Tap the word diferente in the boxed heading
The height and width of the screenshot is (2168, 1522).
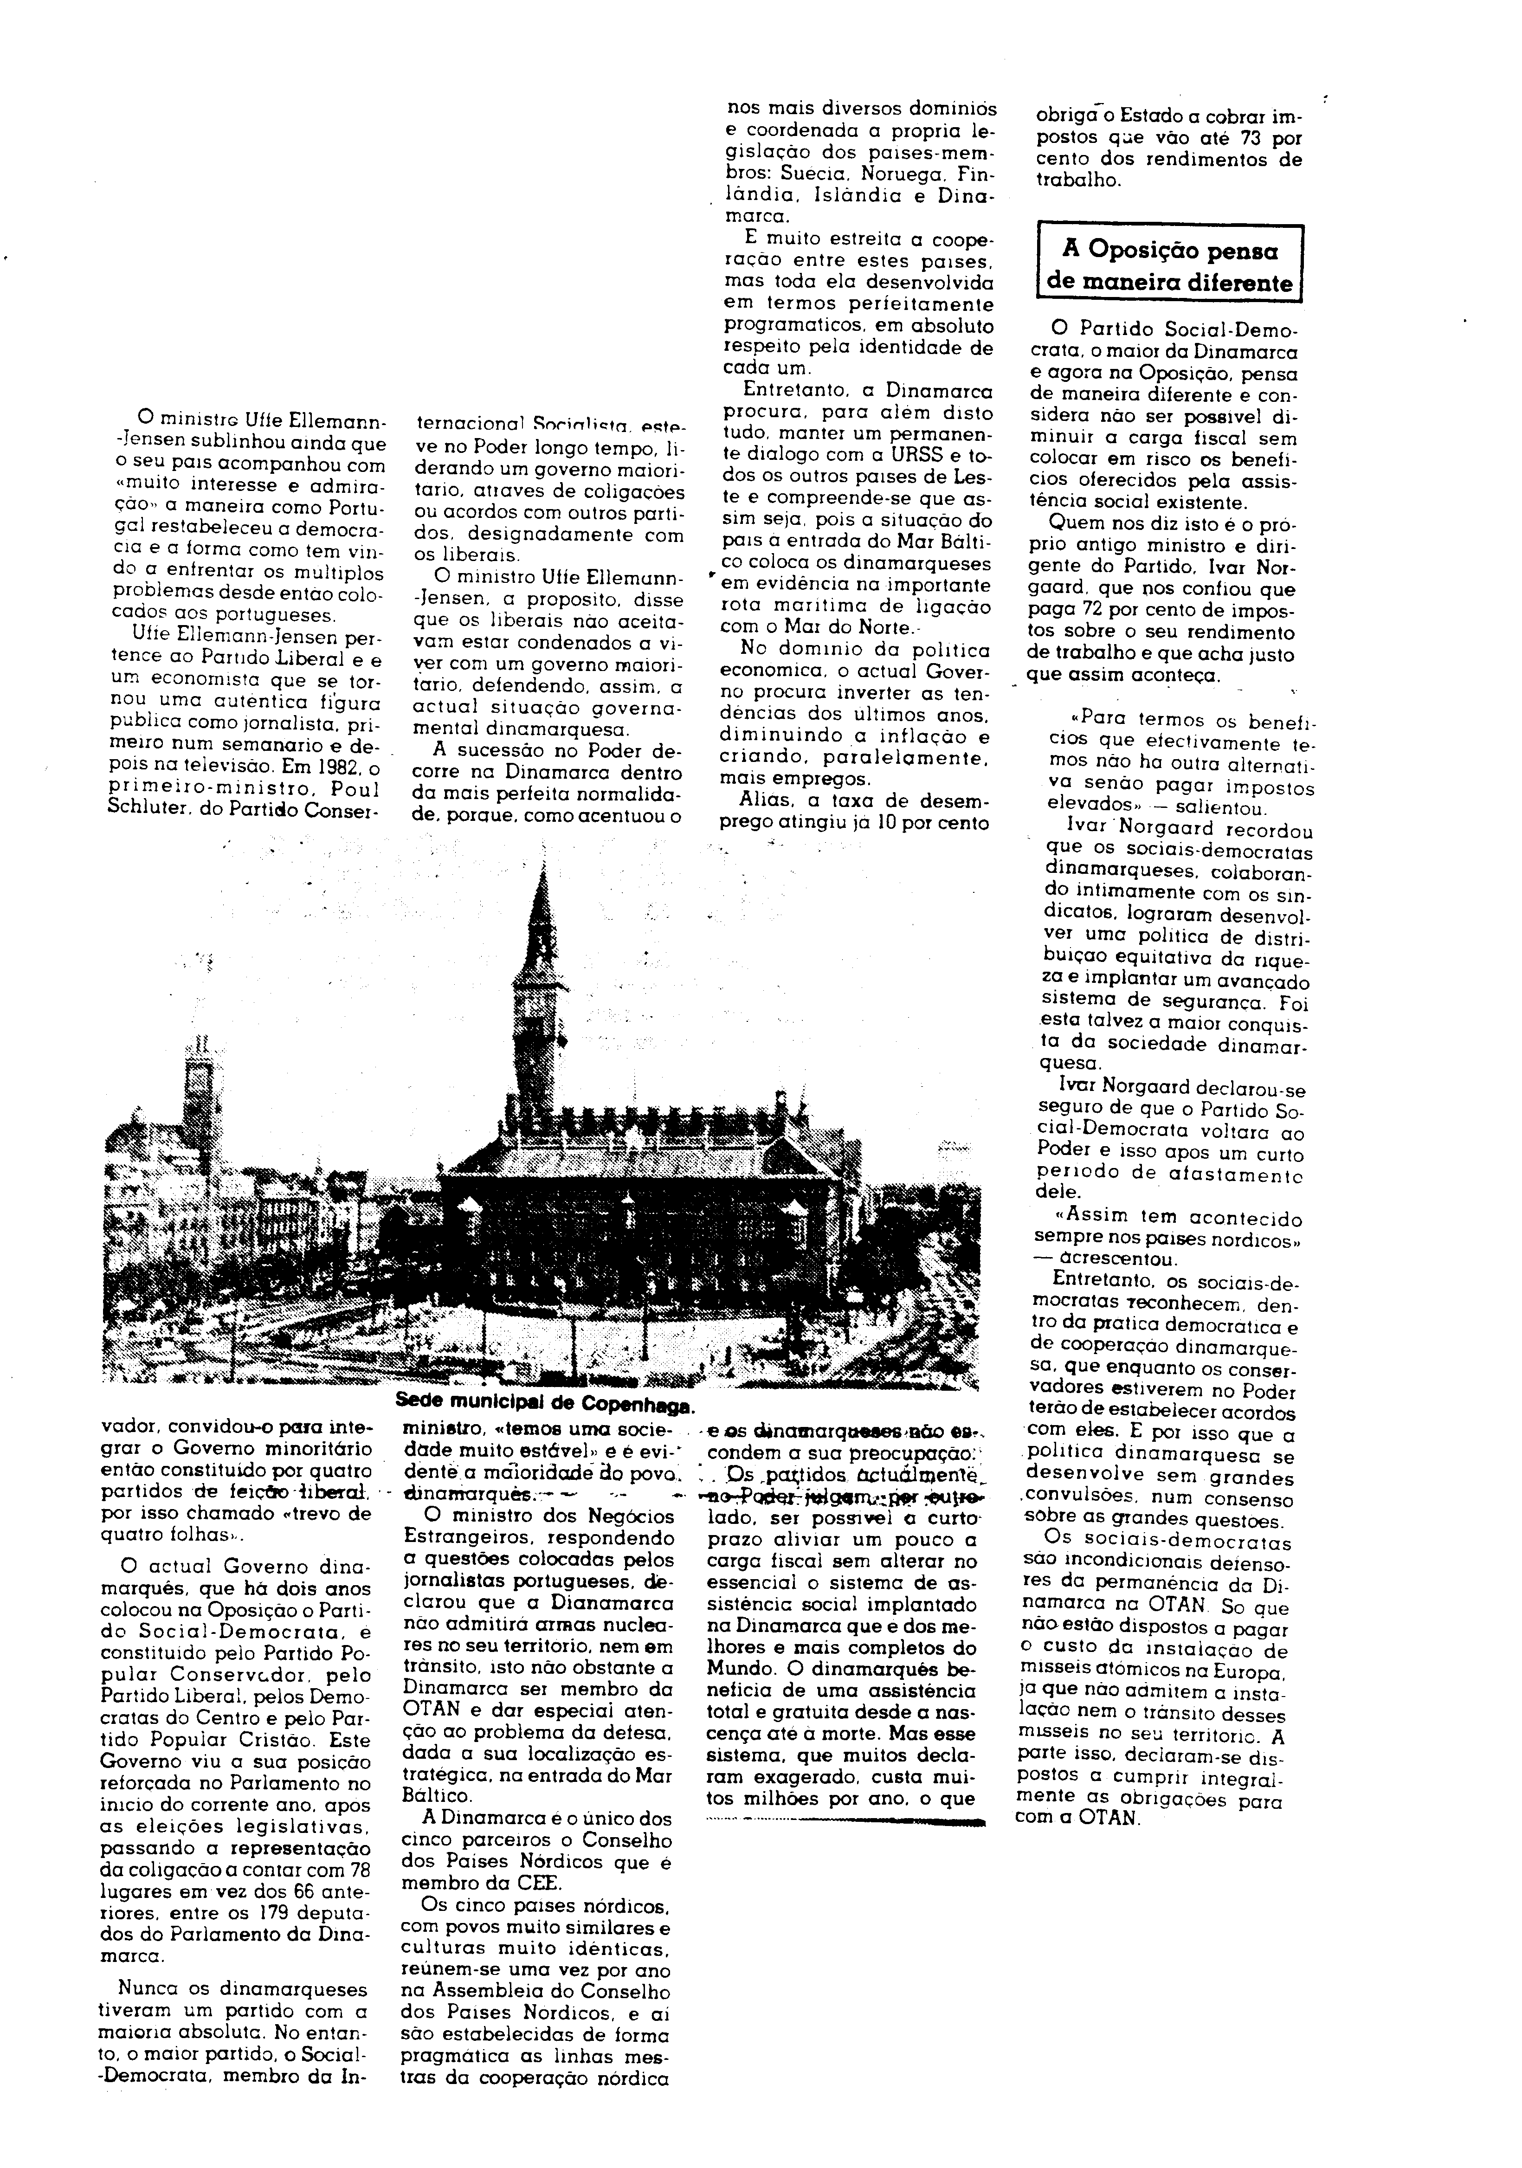coord(1239,282)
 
